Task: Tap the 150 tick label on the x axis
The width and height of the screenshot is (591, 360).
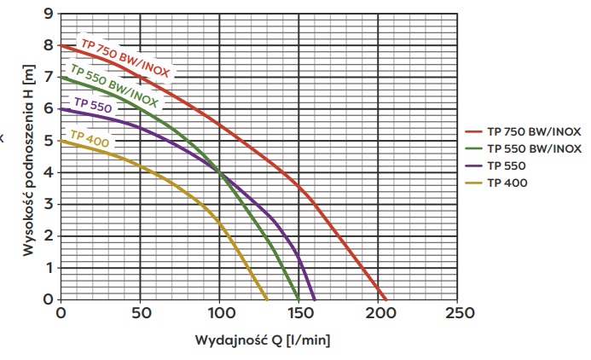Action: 298,313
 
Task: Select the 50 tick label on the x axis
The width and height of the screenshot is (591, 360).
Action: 139,313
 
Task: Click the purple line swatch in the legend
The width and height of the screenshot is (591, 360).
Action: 473,165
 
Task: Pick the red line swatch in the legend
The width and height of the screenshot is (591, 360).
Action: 473,132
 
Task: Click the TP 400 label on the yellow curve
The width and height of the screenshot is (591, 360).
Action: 90,137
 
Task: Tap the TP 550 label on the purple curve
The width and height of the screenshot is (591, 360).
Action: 93,107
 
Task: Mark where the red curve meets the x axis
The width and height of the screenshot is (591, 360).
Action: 385,299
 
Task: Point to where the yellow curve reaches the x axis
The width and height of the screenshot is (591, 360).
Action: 267,299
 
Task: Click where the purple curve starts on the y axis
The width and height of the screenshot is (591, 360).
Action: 60,108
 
